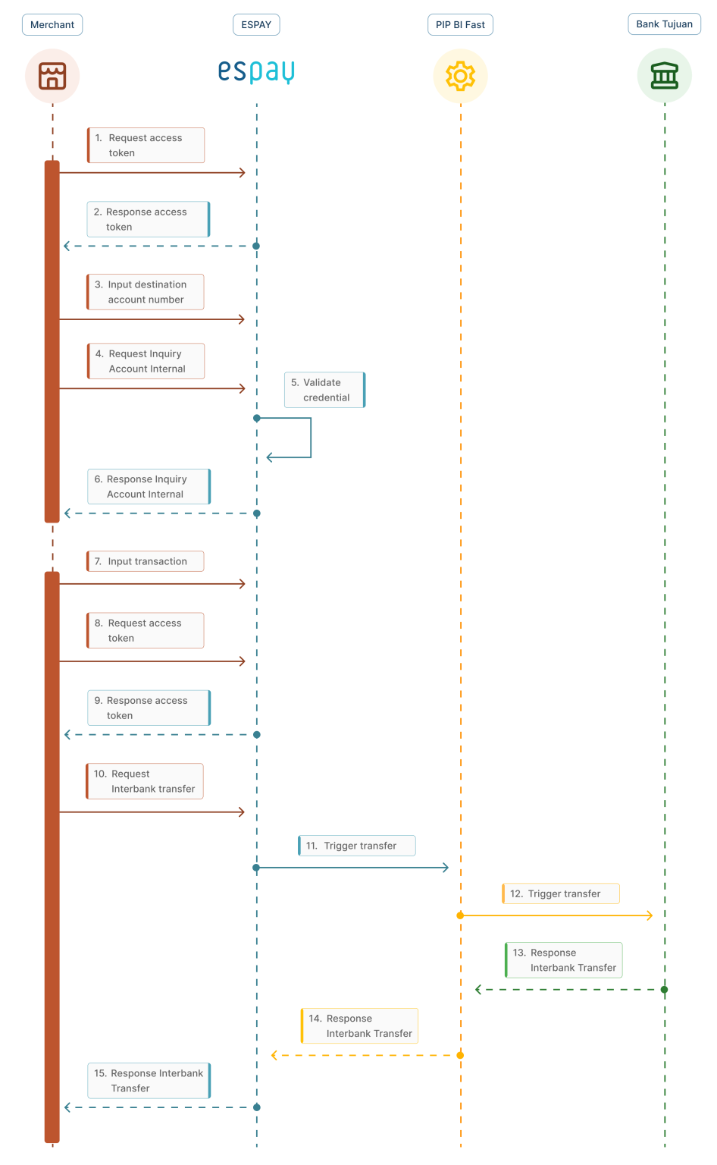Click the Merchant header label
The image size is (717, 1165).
pos(52,25)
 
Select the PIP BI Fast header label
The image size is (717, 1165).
pos(460,25)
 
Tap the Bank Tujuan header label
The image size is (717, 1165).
pos(664,24)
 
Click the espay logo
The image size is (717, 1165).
pos(256,71)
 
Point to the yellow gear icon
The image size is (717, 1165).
pos(460,76)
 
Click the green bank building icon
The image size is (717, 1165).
pos(664,76)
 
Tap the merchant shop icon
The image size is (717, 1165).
pos(52,76)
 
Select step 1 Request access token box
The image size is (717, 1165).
pos(146,145)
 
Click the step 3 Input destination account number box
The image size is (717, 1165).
pos(146,292)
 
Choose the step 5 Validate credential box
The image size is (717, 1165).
pos(324,390)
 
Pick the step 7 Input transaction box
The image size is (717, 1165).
pos(146,561)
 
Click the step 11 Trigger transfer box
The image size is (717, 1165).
pos(356,846)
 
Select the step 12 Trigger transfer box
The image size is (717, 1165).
pos(561,893)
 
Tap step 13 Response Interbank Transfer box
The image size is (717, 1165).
pos(563,960)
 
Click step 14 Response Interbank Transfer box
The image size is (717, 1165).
pos(359,1025)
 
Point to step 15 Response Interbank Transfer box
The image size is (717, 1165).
pos(149,1081)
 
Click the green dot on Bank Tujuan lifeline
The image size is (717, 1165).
pos(664,990)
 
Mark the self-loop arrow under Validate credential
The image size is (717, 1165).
pos(303,438)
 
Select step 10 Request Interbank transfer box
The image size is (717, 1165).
pos(145,781)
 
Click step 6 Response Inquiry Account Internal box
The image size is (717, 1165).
pos(149,486)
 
